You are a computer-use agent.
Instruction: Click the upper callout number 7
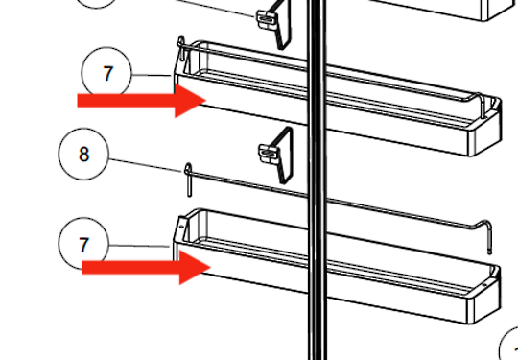pos(108,74)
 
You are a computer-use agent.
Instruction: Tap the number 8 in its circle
pos(83,154)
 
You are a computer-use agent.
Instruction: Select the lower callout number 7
pos(83,245)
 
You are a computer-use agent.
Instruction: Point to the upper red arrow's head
pos(190,101)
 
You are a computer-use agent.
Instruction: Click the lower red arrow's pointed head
pos(195,267)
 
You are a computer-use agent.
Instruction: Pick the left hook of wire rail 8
pos(188,180)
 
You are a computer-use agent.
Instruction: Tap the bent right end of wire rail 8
pos(484,235)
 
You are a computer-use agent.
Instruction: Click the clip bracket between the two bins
pos(276,156)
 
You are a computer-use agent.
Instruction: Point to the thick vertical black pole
pos(318,180)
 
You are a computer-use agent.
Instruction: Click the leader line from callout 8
pos(147,166)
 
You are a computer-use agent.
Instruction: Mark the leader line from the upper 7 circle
pos(152,76)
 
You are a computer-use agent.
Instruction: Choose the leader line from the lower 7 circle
pos(139,246)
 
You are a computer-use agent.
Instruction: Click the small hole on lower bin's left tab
pos(181,227)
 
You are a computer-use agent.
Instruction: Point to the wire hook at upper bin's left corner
pos(181,48)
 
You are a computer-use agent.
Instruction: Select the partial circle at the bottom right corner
pos(508,344)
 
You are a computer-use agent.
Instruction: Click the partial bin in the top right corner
pos(442,10)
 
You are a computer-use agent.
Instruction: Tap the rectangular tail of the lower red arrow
pos(130,268)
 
